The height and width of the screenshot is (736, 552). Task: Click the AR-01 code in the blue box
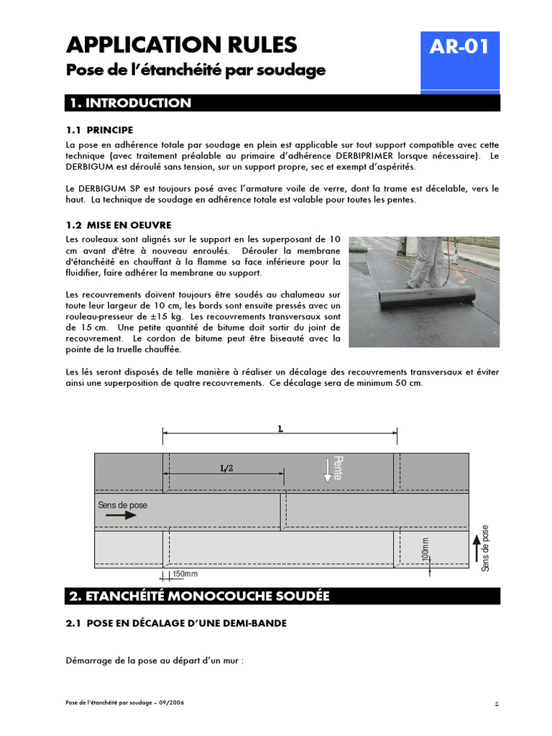tap(459, 47)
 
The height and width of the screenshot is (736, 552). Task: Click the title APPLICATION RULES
tap(181, 45)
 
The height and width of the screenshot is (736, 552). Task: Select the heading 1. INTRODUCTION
tap(130, 103)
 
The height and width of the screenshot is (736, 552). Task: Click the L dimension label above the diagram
tap(280, 428)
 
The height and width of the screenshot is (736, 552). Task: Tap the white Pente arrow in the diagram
tap(328, 469)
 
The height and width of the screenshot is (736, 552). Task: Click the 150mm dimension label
tap(185, 574)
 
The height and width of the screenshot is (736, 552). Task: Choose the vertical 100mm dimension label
tap(425, 551)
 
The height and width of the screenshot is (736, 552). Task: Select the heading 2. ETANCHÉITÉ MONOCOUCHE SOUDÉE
tap(198, 597)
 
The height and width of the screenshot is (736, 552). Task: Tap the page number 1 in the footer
tap(497, 704)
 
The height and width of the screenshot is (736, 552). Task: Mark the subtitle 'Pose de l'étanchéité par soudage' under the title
tap(195, 70)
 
